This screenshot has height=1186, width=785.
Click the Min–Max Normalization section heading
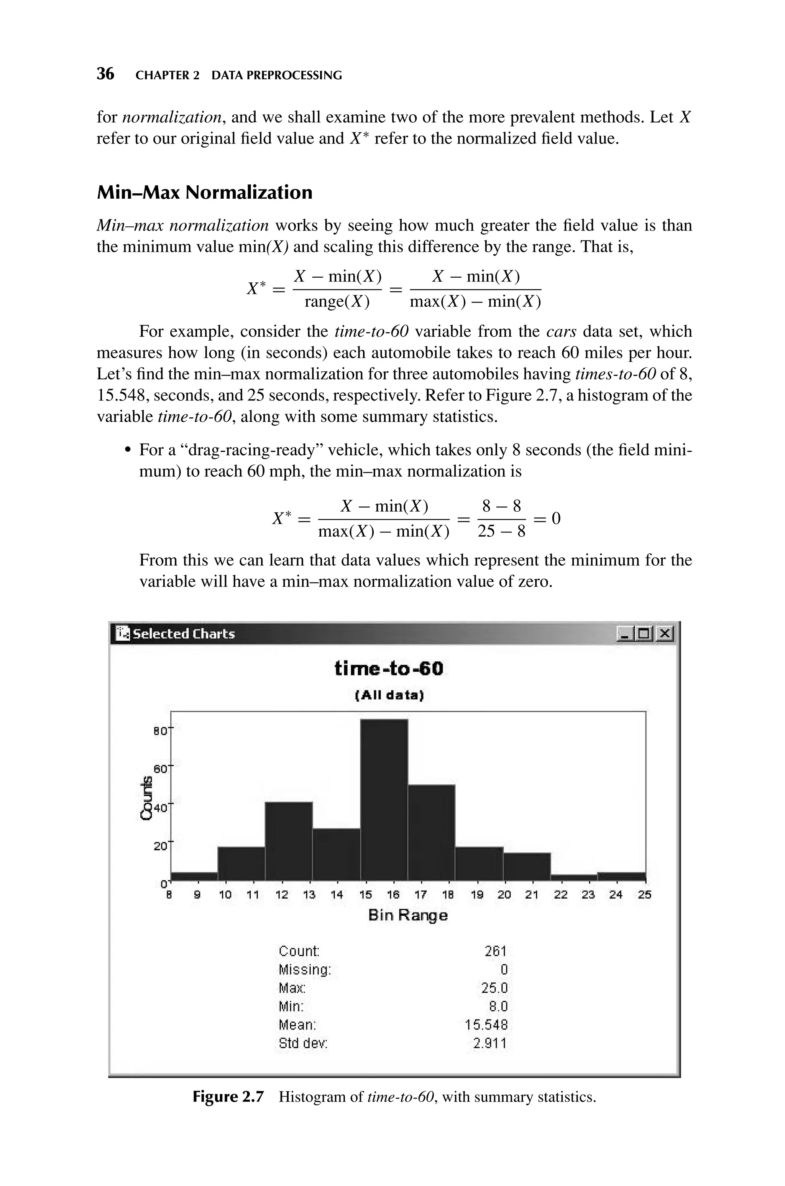204,192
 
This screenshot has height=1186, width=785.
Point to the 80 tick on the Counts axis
159,731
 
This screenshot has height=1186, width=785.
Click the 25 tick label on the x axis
645,895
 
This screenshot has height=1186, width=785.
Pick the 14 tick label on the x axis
337,895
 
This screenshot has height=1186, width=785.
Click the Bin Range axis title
407,916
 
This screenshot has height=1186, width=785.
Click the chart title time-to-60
389,669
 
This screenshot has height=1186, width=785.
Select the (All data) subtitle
389,696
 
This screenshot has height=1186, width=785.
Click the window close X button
664,634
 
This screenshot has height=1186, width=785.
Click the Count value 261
495,951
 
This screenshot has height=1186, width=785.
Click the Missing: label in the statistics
305,970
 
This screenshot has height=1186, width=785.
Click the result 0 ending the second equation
556,518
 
